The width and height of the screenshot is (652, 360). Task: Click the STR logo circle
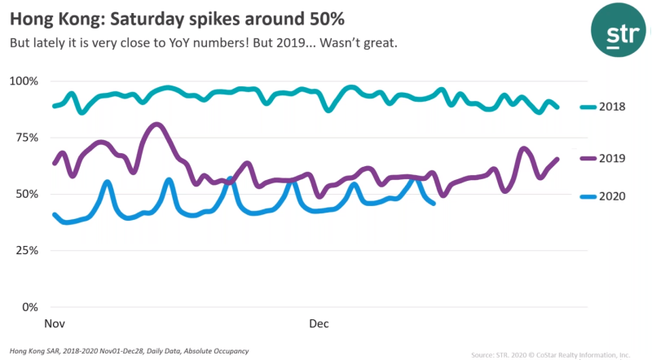pos(616,32)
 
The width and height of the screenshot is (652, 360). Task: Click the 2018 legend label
pos(613,107)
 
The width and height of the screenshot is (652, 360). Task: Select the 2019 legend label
pos(613,158)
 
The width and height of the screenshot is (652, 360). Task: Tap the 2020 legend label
pos(613,196)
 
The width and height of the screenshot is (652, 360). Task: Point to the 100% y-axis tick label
pos(24,81)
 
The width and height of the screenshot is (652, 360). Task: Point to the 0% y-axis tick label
pos(30,307)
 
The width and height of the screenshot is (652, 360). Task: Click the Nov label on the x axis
pos(55,324)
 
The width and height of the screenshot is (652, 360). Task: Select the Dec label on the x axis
pos(319,324)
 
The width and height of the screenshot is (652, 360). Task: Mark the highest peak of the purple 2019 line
pos(156,125)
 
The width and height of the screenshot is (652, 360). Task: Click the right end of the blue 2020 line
pos(434,203)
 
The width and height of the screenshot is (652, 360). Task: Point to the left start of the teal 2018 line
pos(54,106)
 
